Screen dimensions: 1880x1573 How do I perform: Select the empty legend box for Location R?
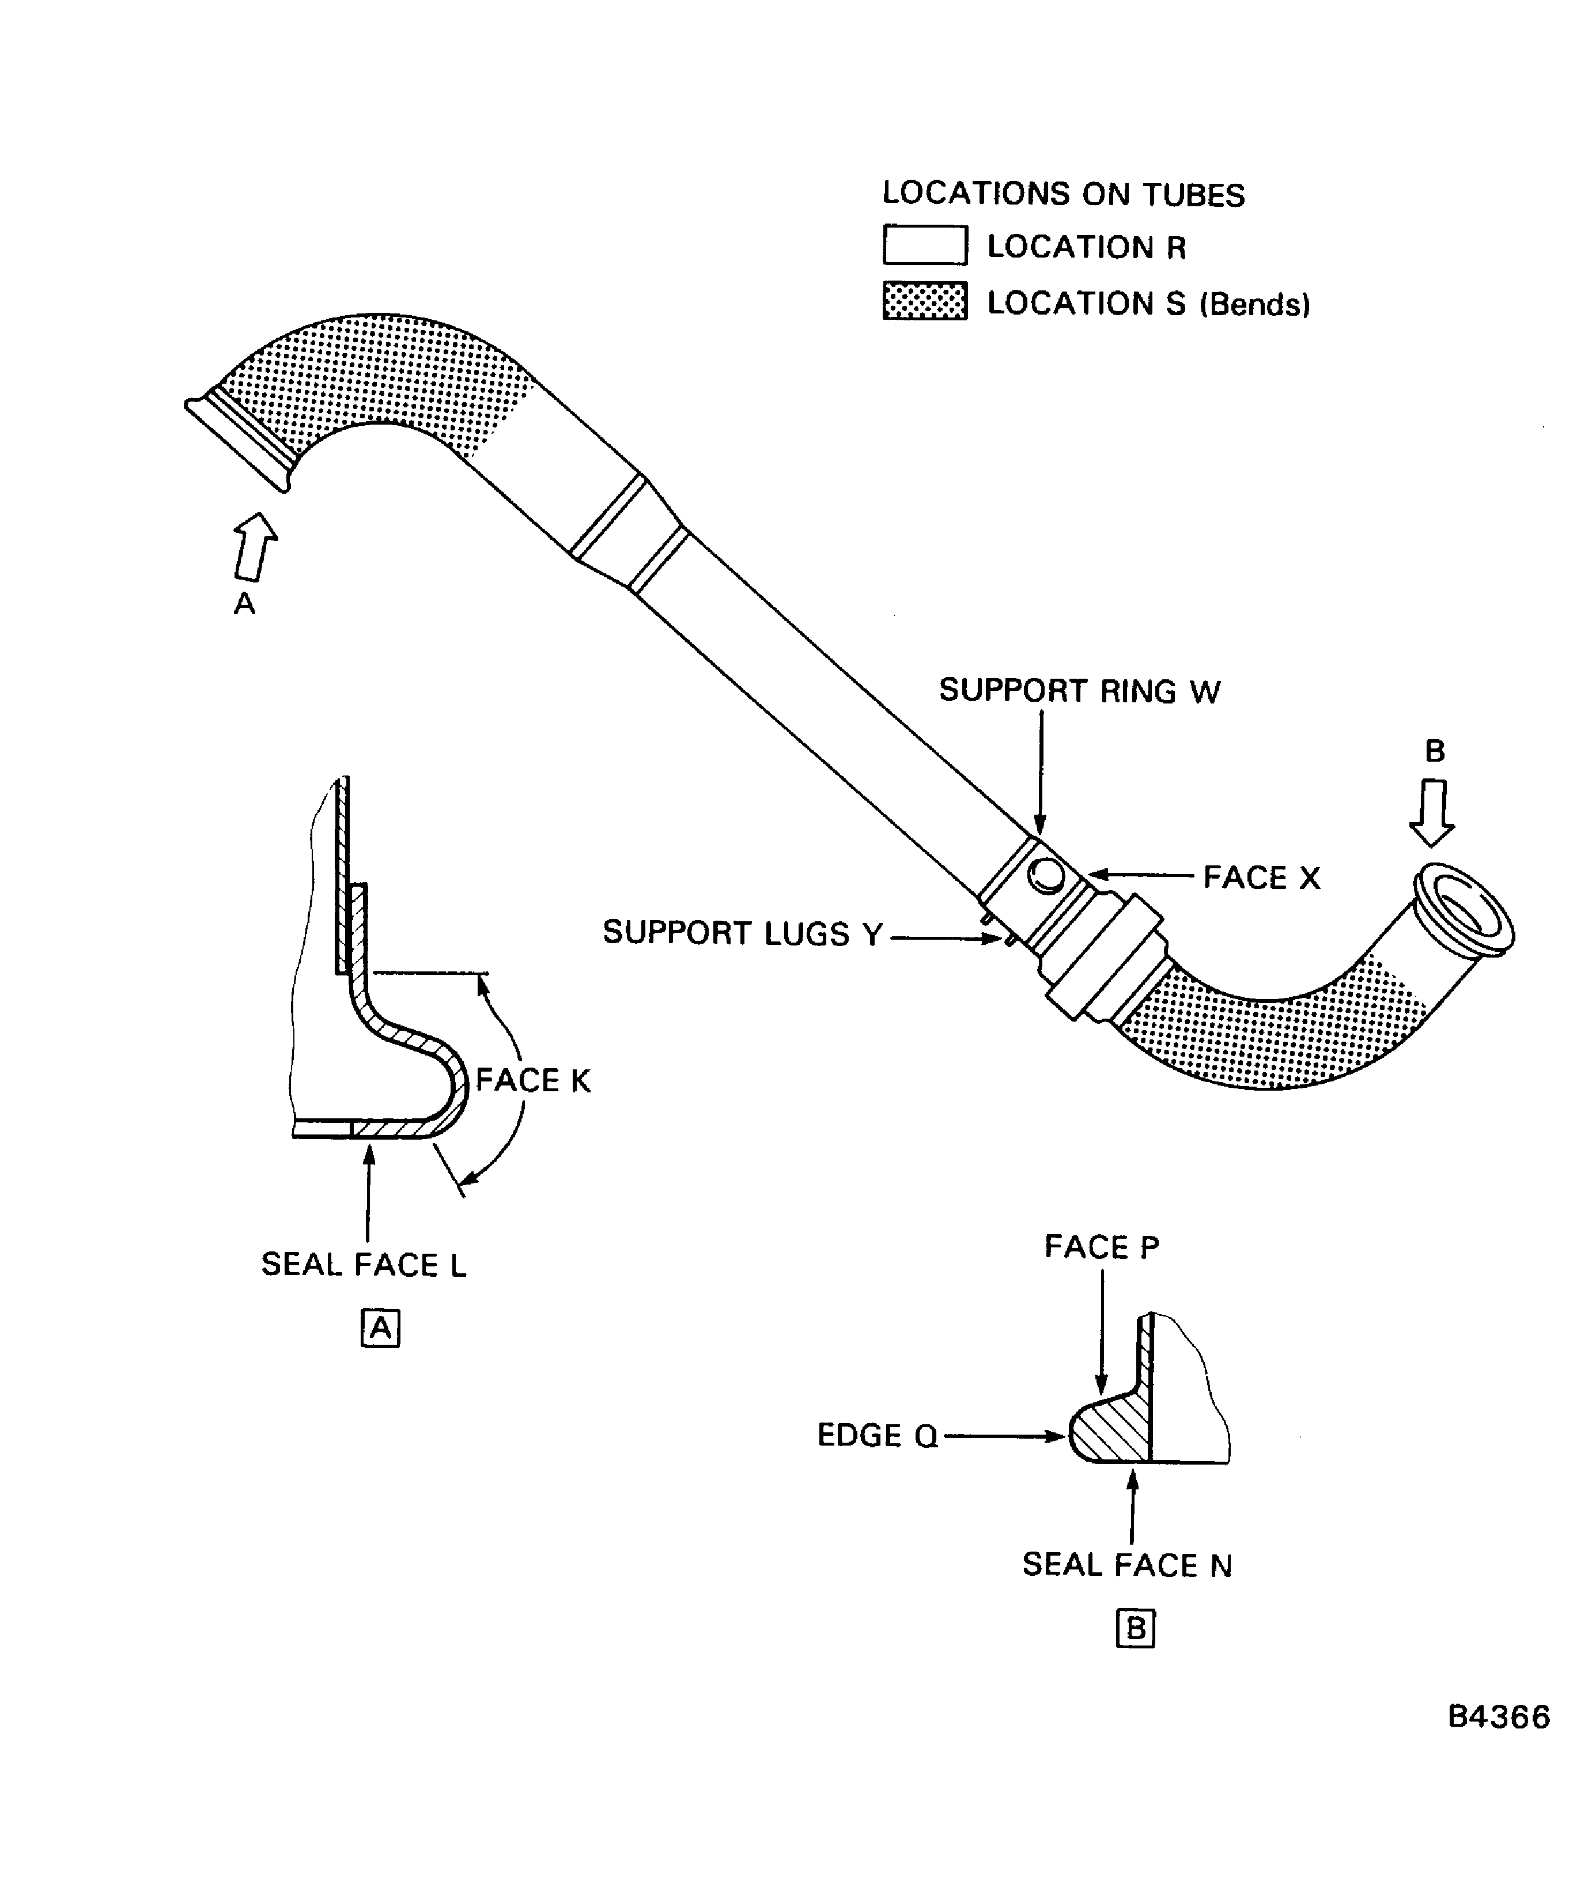925,245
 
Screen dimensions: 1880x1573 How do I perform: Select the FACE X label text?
1261,877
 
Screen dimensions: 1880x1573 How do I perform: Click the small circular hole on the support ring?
1046,875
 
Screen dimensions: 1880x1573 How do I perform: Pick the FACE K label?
533,1080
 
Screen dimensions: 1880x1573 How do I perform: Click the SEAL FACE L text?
364,1265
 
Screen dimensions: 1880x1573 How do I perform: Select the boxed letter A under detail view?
380,1329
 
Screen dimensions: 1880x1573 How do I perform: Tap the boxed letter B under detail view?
1135,1628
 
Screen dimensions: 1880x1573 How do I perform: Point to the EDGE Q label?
878,1436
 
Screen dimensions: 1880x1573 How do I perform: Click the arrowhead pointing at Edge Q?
1058,1436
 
